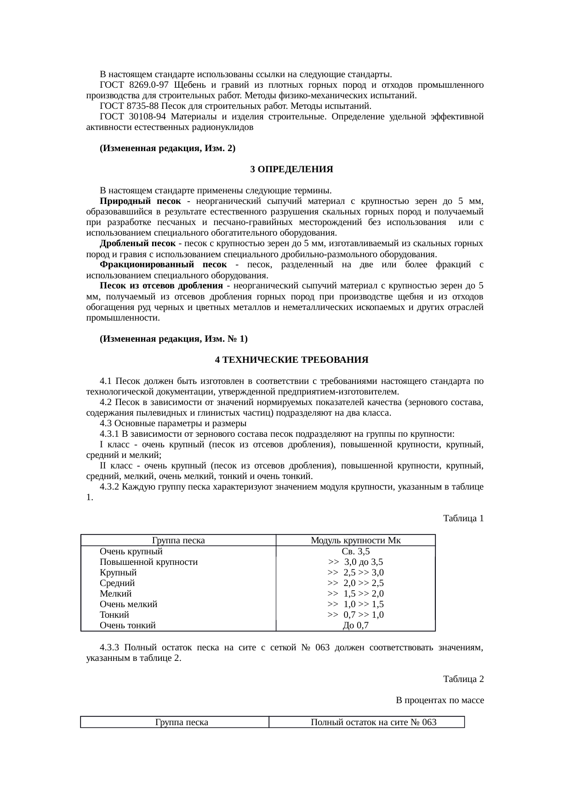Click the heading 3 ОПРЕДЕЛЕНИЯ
tap(291, 169)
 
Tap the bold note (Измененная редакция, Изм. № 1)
tap(173, 338)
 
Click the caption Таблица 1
tap(463, 519)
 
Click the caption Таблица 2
tap(463, 679)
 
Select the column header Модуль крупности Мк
tap(355, 540)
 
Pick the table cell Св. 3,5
tap(356, 551)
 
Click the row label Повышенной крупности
tap(148, 562)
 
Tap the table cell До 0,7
tap(356, 625)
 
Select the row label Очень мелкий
tap(128, 604)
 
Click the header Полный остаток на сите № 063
tap(373, 722)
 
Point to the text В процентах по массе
tap(439, 700)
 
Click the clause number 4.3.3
tap(110, 648)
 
